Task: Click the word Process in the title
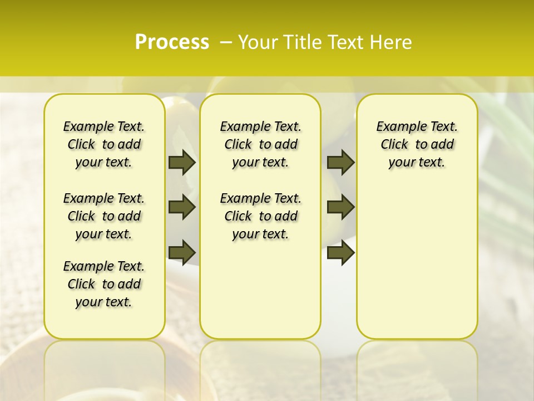(172, 42)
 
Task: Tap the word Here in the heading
(392, 42)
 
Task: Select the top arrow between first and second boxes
(182, 162)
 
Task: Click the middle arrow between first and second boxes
(182, 207)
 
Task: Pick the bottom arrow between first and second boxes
(182, 252)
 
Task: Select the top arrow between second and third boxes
(340, 162)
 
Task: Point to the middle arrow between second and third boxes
(340, 207)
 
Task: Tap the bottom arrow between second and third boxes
(340, 252)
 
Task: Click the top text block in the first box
(104, 144)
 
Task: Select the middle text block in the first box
(104, 216)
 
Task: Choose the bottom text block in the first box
(104, 284)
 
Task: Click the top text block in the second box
(260, 144)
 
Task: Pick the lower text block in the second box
(260, 216)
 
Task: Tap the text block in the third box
(417, 144)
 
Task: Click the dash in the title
(225, 42)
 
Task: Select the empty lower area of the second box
(260, 290)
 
